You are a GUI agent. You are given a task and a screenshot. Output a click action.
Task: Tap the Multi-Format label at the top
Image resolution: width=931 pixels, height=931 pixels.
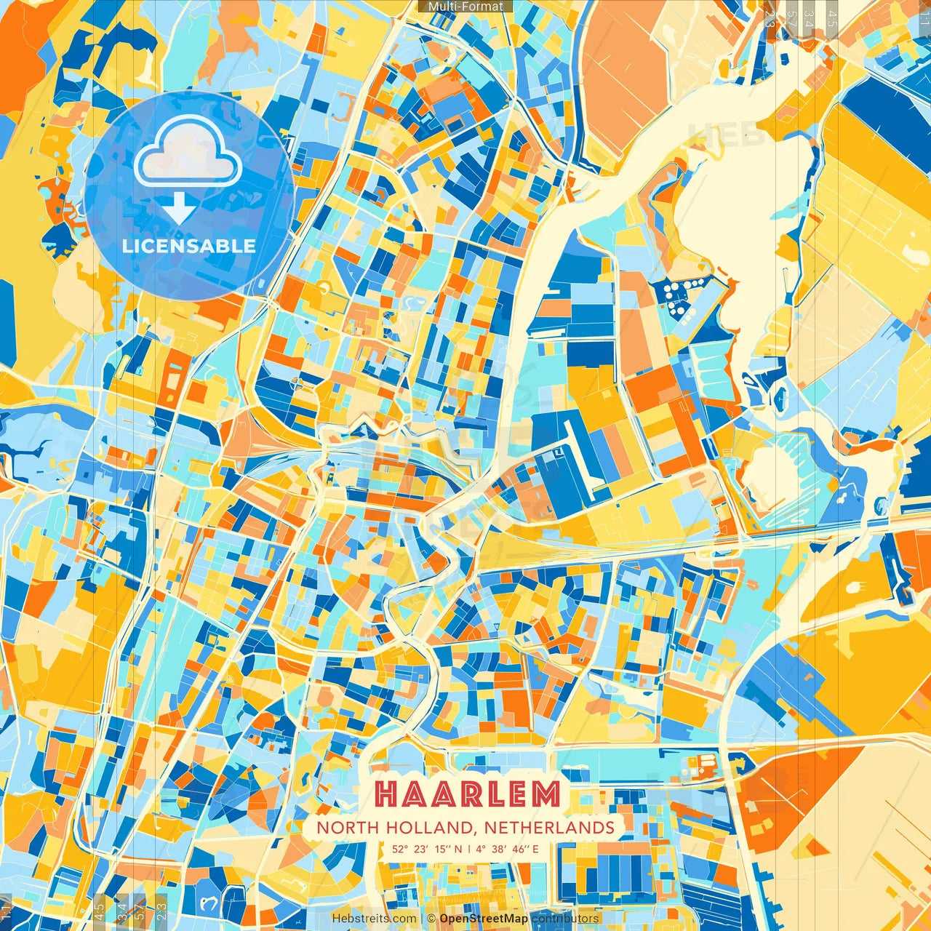tap(465, 7)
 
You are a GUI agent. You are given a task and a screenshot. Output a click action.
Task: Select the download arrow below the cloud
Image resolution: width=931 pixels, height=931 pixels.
tap(179, 209)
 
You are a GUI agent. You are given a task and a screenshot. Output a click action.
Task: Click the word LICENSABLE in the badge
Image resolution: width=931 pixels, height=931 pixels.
tap(189, 246)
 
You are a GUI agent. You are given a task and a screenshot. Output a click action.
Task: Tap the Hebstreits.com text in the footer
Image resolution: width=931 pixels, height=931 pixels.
tap(374, 919)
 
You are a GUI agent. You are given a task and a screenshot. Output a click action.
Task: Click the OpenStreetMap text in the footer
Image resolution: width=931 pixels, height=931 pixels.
tap(484, 919)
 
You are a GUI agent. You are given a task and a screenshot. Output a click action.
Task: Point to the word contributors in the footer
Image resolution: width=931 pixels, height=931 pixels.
tap(565, 919)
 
